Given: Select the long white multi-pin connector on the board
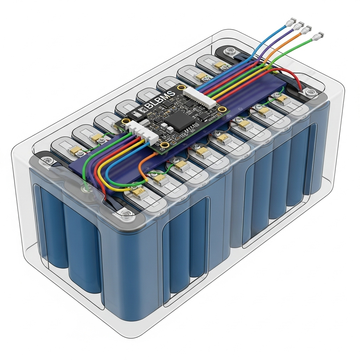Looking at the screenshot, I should [199, 97].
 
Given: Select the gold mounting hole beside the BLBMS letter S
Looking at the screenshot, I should [181, 88].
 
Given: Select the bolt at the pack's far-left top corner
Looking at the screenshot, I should [47, 161].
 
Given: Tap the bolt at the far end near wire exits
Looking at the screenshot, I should [231, 51].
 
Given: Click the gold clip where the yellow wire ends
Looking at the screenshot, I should [135, 190].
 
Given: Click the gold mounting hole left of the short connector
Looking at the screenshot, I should [124, 121].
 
